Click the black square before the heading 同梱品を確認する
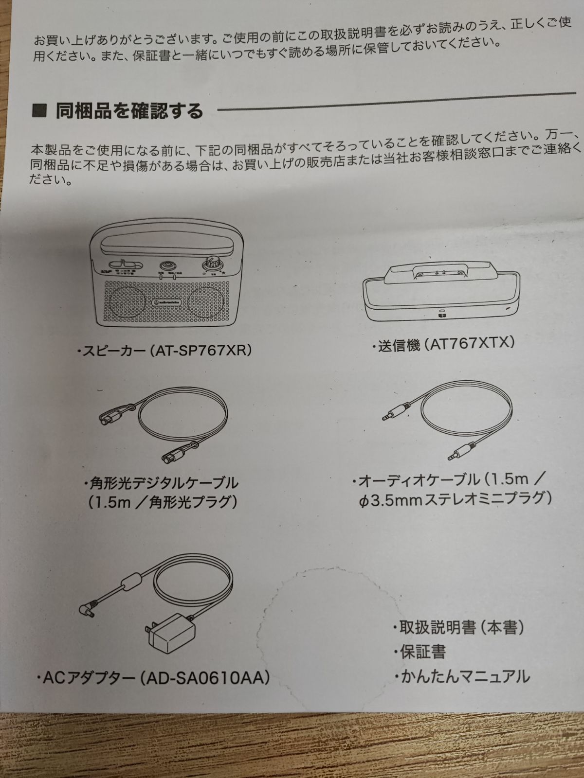[39, 111]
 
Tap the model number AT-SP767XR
[201, 351]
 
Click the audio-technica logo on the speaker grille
[167, 302]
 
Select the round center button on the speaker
[167, 265]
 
